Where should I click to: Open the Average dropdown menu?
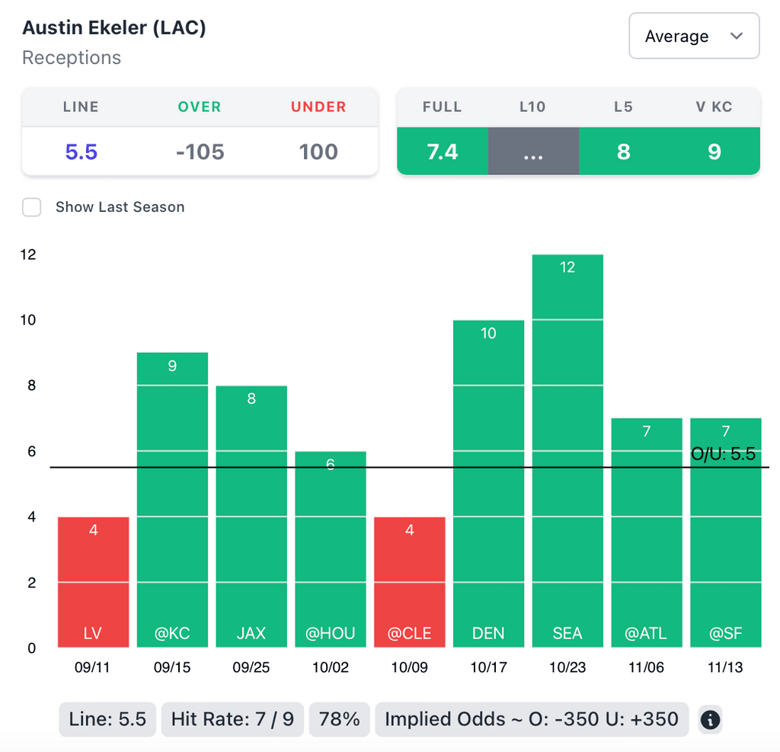[x=693, y=36]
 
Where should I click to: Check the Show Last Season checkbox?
[x=31, y=207]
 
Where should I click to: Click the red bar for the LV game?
[x=94, y=582]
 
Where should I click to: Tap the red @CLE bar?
[x=410, y=582]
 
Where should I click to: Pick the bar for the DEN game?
[x=488, y=484]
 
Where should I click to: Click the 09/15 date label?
[x=172, y=668]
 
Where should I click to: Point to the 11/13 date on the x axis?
[x=724, y=668]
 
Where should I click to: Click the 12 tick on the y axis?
[x=28, y=254]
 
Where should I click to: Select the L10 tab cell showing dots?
[x=533, y=152]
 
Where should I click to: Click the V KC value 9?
[x=714, y=152]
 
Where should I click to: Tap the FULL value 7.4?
[x=442, y=152]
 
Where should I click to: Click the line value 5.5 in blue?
[x=82, y=152]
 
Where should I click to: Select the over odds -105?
[x=200, y=152]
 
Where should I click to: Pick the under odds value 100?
[x=318, y=152]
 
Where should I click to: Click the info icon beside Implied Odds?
[x=710, y=719]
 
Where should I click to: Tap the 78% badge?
[x=339, y=719]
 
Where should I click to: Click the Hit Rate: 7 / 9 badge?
[x=232, y=719]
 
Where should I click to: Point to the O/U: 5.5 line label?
[x=722, y=455]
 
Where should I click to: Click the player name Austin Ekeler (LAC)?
[x=114, y=28]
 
